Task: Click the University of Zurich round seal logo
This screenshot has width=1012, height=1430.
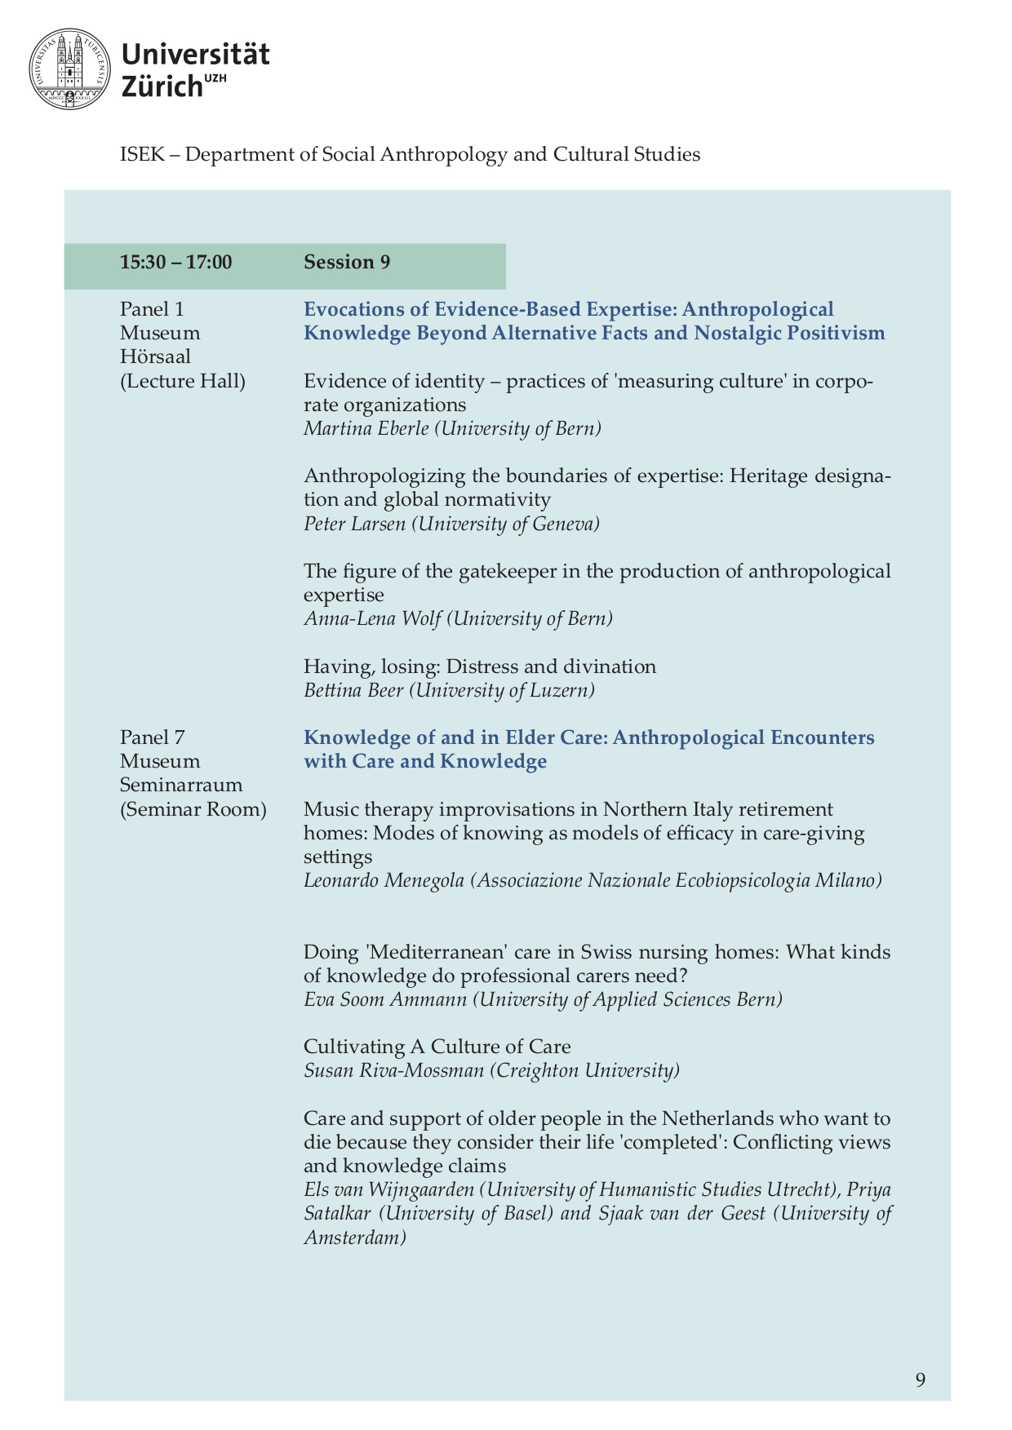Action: click(69, 69)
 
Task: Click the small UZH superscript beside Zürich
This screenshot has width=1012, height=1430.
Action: click(215, 78)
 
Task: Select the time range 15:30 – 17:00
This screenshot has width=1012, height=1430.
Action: click(175, 262)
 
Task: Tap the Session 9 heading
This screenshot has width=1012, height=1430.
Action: click(347, 262)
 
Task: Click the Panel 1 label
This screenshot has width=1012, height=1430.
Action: click(152, 309)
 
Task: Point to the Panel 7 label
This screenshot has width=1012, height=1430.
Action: click(152, 737)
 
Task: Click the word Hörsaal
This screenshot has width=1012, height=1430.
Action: click(155, 356)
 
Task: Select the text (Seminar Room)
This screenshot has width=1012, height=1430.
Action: click(193, 809)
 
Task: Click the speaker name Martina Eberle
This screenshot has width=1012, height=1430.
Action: click(366, 428)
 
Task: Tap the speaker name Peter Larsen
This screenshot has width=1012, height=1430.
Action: click(354, 524)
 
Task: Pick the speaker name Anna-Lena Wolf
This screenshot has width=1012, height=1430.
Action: click(372, 618)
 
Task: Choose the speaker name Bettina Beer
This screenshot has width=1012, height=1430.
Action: click(353, 690)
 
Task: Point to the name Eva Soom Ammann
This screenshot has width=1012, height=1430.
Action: click(385, 999)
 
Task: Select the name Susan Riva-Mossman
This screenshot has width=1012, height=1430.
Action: click(393, 1070)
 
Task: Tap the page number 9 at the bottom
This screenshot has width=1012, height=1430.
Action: click(921, 1379)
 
